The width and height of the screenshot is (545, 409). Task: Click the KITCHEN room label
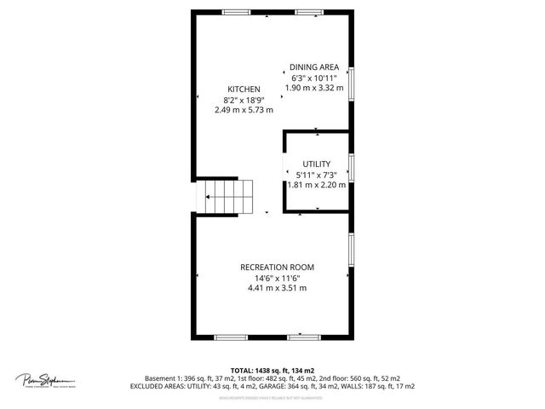pyautogui.click(x=244, y=89)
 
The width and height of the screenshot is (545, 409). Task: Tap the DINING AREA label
pyautogui.click(x=314, y=66)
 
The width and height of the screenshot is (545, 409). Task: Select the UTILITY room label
pyautogui.click(x=316, y=164)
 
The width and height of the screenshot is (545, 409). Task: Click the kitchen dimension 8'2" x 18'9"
pyautogui.click(x=244, y=100)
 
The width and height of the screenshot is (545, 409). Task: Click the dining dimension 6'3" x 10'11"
pyautogui.click(x=314, y=77)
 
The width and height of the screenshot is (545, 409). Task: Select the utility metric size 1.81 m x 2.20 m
pyautogui.click(x=316, y=184)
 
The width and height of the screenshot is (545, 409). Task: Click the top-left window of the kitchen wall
pyautogui.click(x=236, y=12)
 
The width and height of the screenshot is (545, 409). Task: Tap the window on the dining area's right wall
pyautogui.click(x=352, y=82)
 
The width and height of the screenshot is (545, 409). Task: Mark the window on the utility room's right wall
pyautogui.click(x=352, y=168)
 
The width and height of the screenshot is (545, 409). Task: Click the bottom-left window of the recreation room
pyautogui.click(x=229, y=337)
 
